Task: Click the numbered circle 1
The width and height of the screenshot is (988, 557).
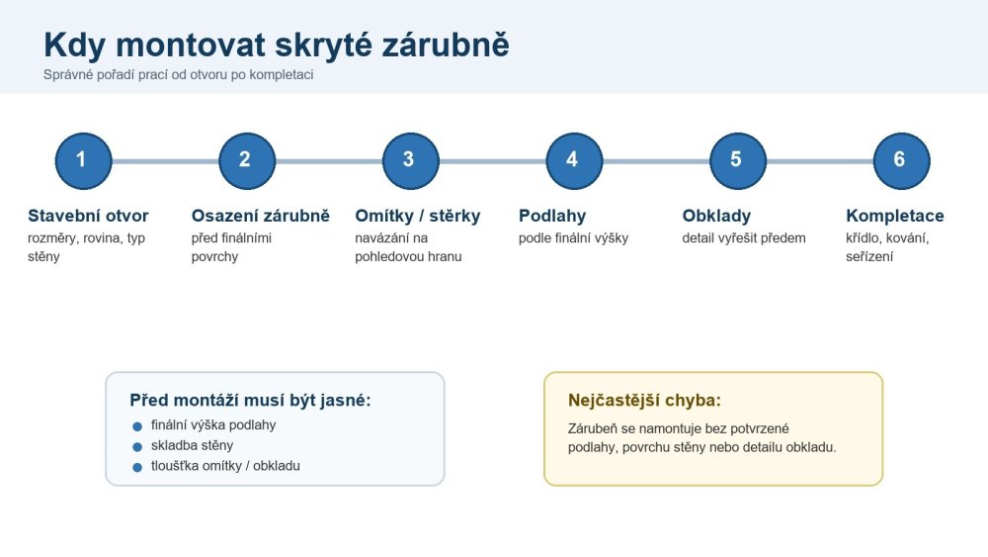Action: point(83,161)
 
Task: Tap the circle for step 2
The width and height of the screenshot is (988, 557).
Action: point(247,161)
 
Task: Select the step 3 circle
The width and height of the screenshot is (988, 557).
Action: point(411,161)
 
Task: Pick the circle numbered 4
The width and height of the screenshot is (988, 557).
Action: point(574,161)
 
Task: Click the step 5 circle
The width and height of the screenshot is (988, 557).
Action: point(738,161)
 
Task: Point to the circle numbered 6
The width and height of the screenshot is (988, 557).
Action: point(902,161)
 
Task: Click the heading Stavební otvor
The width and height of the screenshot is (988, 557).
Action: point(88,216)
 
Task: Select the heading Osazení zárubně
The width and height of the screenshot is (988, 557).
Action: point(260,216)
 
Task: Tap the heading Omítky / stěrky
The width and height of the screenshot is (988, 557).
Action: point(418,216)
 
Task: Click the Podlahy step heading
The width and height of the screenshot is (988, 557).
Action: point(552,216)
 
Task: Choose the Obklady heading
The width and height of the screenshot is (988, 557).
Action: point(716,216)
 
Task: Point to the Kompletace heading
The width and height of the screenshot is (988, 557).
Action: point(895,216)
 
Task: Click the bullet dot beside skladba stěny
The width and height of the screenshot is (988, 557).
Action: point(137,447)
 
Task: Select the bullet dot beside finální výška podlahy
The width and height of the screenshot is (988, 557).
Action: point(137,426)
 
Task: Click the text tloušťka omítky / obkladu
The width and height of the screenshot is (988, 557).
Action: point(225,466)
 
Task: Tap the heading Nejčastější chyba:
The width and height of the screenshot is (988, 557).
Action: point(644,401)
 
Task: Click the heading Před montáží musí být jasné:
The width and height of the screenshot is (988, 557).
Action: point(250,401)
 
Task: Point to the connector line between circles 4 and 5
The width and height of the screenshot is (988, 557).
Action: point(656,161)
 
